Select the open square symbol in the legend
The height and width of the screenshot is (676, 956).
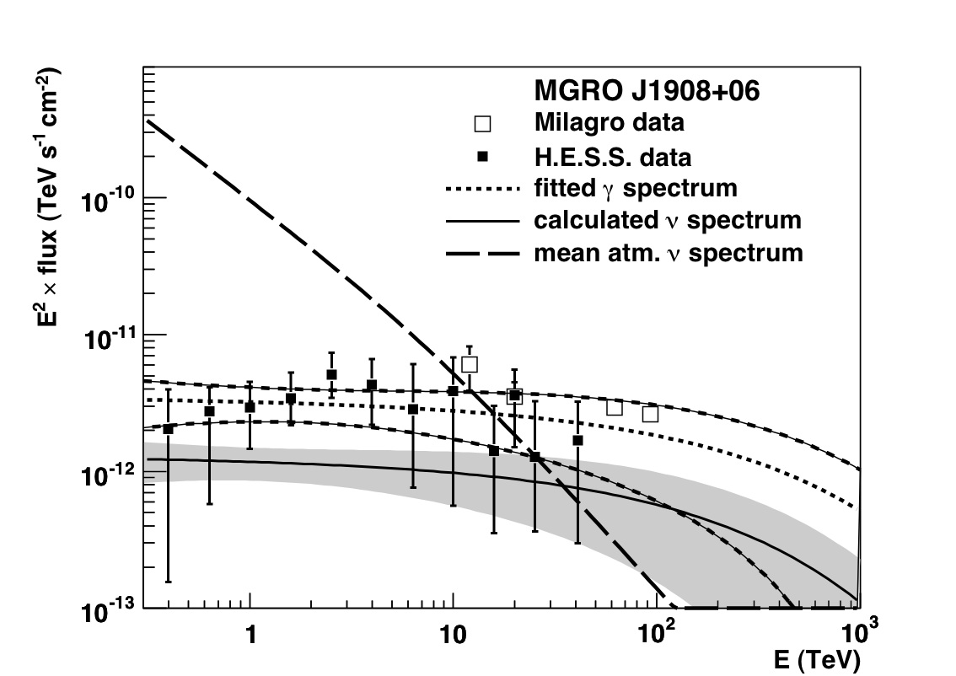(x=482, y=123)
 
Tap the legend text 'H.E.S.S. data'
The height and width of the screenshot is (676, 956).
(x=612, y=157)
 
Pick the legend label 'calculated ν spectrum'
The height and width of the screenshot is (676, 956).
(x=667, y=220)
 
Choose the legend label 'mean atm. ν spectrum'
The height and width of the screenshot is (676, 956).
(x=668, y=252)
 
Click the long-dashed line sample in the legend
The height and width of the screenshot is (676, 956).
(x=482, y=252)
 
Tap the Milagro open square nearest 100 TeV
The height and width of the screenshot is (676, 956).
(x=650, y=414)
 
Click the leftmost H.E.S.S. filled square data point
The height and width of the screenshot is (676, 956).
(x=169, y=429)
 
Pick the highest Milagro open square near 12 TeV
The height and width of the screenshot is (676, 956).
(x=470, y=364)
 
